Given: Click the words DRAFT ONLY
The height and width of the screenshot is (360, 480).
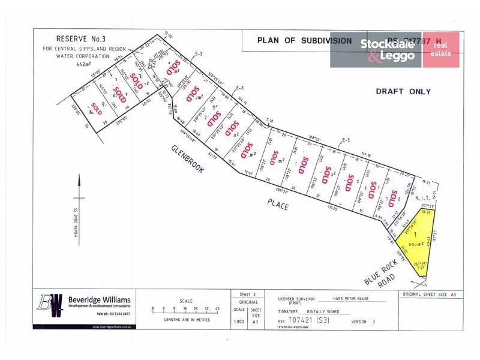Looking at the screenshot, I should point(403,92).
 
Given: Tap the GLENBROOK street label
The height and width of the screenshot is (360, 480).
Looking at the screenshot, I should point(188,159).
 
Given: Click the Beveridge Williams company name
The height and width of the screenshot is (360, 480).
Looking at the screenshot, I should point(98,299).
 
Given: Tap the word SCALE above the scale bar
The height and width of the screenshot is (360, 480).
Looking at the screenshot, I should point(186,301).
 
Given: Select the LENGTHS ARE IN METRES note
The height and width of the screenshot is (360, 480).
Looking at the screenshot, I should point(186,320).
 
